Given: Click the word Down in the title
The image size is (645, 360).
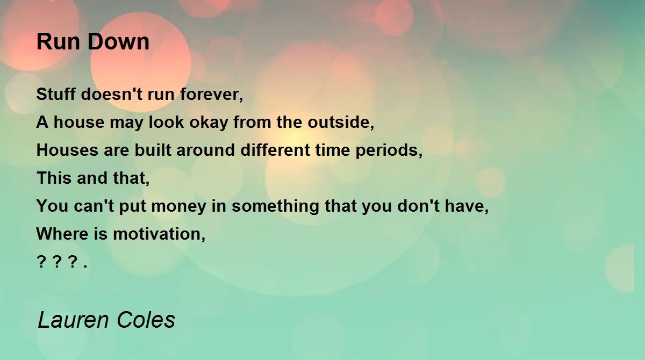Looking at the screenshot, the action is tap(118, 42).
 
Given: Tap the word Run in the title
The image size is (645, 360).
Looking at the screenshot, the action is tap(58, 42).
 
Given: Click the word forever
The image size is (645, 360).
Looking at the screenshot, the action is tap(212, 94).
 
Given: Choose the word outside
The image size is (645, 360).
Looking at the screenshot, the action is tap(341, 122).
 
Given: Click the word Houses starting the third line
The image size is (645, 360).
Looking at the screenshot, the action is tap(67, 150).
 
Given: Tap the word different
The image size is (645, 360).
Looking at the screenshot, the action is tap(275, 150).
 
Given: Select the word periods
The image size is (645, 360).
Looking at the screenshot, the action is tap(389, 150).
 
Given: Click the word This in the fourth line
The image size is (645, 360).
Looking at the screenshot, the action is tap(54, 177).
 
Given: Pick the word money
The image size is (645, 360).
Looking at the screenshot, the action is tap(178, 206).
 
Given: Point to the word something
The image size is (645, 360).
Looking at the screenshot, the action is tap(275, 206).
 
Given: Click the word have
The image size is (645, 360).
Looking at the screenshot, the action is tap(467, 206).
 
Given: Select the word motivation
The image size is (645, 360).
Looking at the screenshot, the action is tap(159, 233).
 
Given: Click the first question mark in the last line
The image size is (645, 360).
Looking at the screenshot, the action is tap(41, 262).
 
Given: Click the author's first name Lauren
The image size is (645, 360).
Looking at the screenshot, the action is tap(74, 320).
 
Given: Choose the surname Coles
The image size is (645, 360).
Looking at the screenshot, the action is tap(146, 320).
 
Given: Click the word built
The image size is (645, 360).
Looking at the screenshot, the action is tap(153, 150).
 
